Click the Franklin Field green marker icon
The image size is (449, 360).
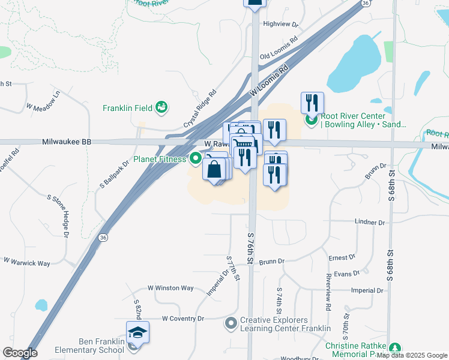[161, 108]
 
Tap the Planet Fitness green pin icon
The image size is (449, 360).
[195, 159]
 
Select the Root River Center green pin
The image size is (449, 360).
[311, 120]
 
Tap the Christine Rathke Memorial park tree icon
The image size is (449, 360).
[394, 348]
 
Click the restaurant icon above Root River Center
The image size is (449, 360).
[312, 103]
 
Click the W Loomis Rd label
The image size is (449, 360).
[269, 82]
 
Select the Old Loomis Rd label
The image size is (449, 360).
[279, 49]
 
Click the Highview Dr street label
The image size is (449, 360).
[280, 24]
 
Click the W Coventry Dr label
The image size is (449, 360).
[183, 318]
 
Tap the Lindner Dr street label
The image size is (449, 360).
[369, 222]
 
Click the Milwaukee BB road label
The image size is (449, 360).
[67, 142]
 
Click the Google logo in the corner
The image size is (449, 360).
[20, 353]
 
